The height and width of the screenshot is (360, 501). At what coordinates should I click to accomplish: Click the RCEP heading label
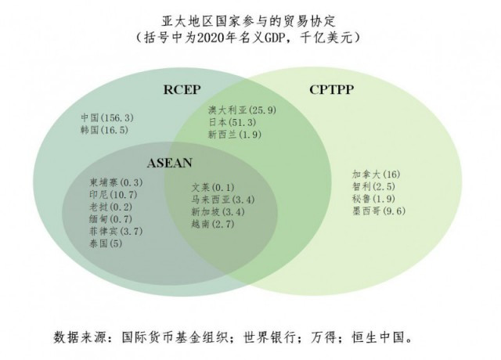[182, 89]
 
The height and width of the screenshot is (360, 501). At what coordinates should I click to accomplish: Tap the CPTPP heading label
[331, 89]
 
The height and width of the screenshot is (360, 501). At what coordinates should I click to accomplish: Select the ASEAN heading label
[170, 163]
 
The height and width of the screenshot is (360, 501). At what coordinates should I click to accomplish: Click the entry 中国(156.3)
[107, 118]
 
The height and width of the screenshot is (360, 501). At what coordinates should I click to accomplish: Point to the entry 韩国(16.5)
[104, 130]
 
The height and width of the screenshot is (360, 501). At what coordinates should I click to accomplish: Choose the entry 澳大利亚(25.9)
[242, 110]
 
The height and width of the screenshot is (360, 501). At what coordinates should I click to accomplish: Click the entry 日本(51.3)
[232, 122]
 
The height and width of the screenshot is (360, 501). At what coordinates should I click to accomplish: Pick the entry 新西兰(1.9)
[235, 135]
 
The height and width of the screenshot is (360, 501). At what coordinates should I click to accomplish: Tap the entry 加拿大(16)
[377, 175]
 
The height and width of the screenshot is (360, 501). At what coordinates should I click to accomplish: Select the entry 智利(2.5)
[374, 186]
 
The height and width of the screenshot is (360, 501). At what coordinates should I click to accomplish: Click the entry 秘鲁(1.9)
[374, 199]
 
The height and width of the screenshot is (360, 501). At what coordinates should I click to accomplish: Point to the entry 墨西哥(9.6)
[379, 211]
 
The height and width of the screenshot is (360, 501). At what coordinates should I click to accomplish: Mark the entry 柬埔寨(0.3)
[116, 182]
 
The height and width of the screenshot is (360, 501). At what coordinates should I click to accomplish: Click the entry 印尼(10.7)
[114, 195]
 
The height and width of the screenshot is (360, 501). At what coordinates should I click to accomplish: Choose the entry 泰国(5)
[106, 243]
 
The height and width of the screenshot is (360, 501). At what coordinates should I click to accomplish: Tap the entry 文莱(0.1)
[213, 187]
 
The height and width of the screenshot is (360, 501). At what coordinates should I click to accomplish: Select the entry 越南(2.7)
[213, 224]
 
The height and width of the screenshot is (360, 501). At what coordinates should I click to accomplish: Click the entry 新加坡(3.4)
[218, 212]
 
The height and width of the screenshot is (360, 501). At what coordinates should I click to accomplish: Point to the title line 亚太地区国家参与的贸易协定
[248, 21]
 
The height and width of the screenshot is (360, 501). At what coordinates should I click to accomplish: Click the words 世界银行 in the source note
[269, 337]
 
